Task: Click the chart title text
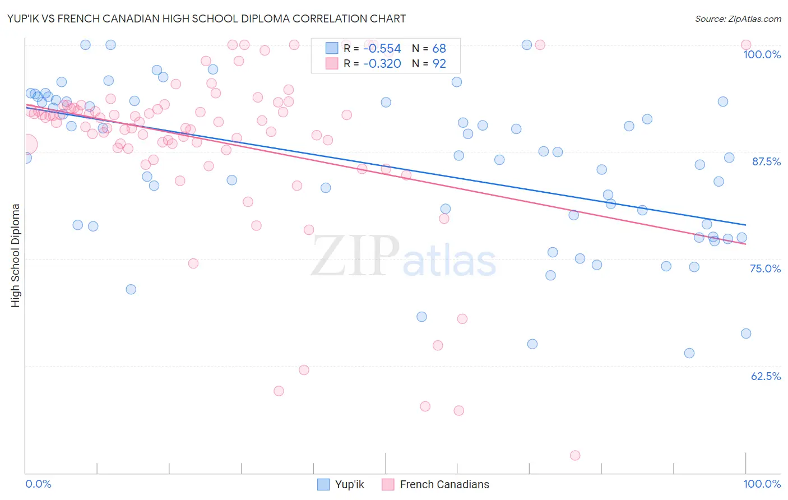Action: (x=207, y=18)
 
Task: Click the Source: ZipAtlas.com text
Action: (x=738, y=18)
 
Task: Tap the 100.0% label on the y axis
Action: (x=762, y=54)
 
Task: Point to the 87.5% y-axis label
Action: (x=766, y=161)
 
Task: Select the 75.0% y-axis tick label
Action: (x=765, y=268)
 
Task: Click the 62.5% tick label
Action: (x=766, y=376)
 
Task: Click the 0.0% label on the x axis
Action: (x=38, y=484)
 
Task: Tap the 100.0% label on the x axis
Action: (x=762, y=484)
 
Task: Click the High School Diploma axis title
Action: (x=16, y=255)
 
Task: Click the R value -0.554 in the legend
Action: (x=382, y=49)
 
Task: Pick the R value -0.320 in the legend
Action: (x=382, y=64)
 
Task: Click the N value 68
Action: (x=439, y=49)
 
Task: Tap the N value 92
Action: (x=439, y=64)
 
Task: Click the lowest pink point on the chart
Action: (x=575, y=455)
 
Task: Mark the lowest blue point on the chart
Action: (x=689, y=353)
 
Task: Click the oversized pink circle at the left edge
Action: (x=26, y=145)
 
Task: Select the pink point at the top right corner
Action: (x=746, y=45)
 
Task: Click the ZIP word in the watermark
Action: (x=355, y=257)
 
